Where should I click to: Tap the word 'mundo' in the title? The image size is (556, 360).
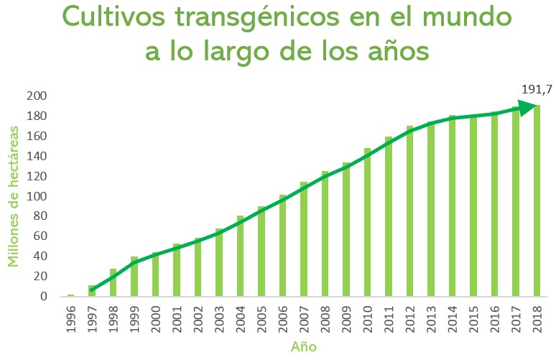[471, 16]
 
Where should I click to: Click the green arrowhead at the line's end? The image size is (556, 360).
[530, 108]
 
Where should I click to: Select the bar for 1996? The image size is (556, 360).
[70, 295]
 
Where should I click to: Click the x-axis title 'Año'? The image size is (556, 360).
[303, 347]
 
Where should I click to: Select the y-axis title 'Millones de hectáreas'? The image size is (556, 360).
[14, 195]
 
